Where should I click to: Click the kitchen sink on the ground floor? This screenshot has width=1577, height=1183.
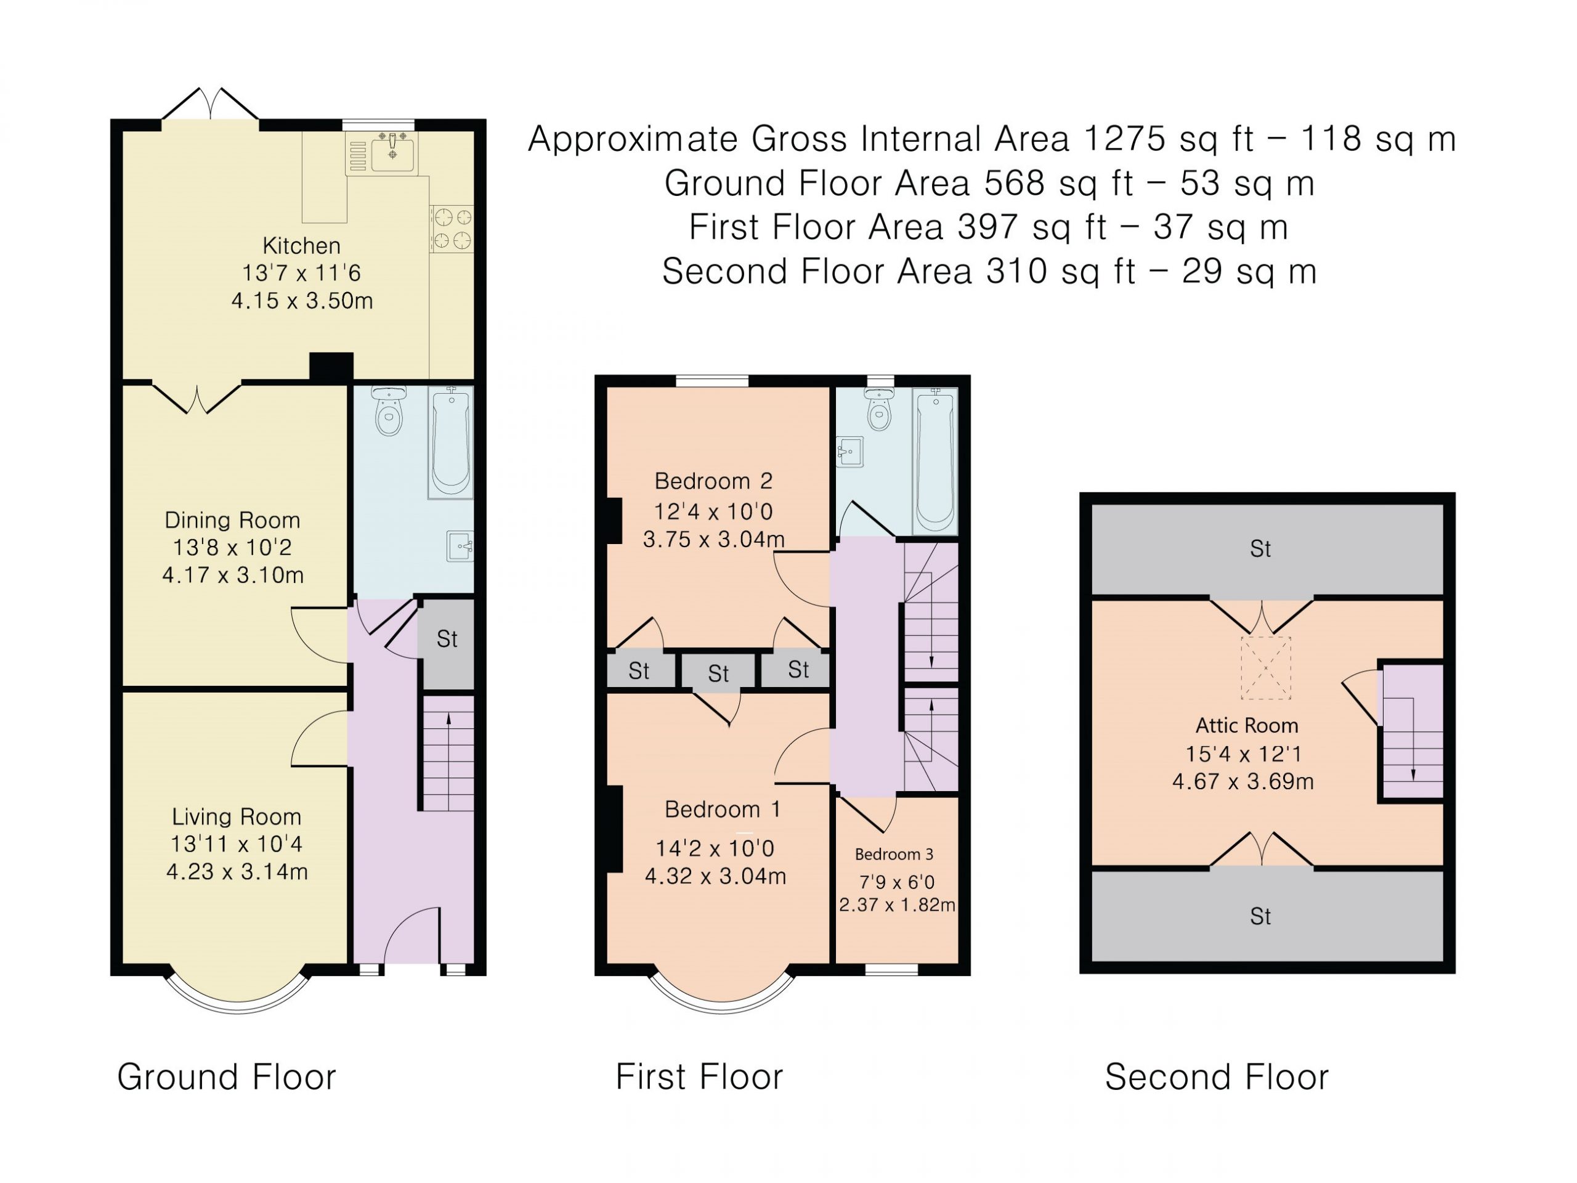[x=382, y=153]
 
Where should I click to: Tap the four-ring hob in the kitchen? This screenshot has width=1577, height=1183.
[x=452, y=228]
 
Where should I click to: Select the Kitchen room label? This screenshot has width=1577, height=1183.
[x=302, y=246]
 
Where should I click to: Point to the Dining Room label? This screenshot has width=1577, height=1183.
[x=232, y=521]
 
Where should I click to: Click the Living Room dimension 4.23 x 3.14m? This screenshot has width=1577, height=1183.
[x=237, y=872]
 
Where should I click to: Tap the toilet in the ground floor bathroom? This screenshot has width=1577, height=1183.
[x=389, y=411]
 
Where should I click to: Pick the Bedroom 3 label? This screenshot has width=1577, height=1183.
[x=894, y=854]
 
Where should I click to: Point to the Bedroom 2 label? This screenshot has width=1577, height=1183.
[x=713, y=481]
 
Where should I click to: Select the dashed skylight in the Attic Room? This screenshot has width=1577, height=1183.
[x=1266, y=668]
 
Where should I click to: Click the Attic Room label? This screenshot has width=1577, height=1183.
[x=1247, y=726]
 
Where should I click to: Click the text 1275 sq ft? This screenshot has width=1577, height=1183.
[x=1169, y=139]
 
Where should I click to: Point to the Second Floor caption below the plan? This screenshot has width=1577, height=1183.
[x=1217, y=1077]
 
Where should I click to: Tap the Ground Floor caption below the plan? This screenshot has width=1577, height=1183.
[x=227, y=1077]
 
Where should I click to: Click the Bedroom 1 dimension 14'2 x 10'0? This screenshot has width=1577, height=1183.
[x=715, y=848]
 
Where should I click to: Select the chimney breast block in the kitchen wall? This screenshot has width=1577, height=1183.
[x=331, y=367]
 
